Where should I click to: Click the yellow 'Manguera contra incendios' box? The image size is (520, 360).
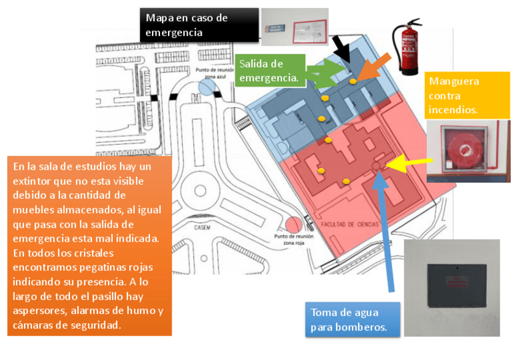pyautogui.click(x=468, y=95)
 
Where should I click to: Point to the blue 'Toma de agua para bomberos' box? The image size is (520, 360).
pyautogui.click(x=352, y=319)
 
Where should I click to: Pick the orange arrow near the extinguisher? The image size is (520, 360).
pyautogui.click(x=373, y=66)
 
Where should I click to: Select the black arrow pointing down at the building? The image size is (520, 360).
pyautogui.click(x=342, y=48)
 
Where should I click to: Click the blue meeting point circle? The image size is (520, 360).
pyautogui.click(x=207, y=86)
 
